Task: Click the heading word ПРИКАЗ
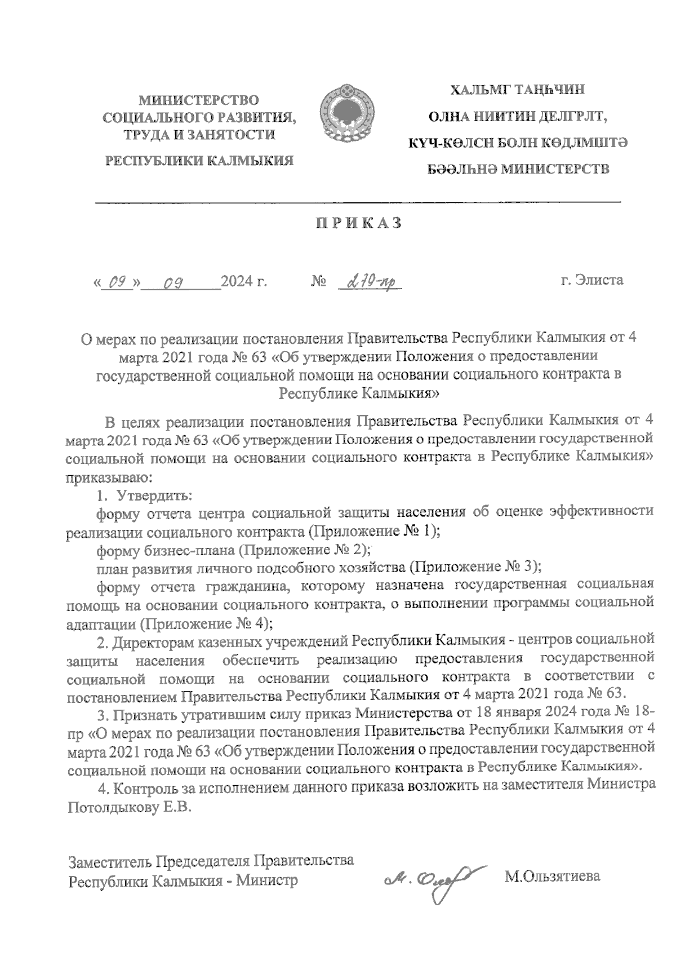[358, 223]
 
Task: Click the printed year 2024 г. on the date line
[244, 281]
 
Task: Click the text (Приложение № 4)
[206, 623]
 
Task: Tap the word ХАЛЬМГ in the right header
[478, 90]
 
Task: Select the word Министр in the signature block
[266, 880]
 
